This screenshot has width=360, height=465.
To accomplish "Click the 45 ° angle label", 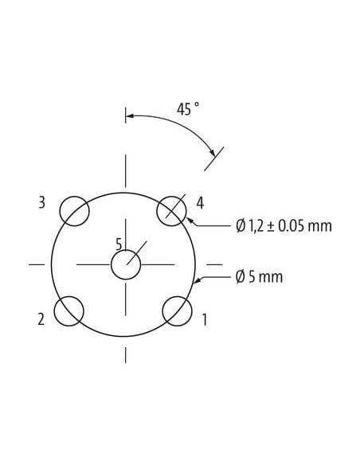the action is [188, 108].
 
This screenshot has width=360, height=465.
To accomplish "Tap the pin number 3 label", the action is [41, 203].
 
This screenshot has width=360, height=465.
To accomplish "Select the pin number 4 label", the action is [200, 204].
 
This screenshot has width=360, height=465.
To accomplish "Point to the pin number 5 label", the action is [119, 244].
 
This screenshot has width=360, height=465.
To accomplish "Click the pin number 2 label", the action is [41, 320].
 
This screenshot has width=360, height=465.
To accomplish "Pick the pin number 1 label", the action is [205, 320].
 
